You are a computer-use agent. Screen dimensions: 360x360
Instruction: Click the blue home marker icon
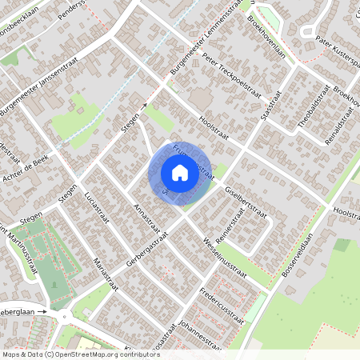(180, 173)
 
